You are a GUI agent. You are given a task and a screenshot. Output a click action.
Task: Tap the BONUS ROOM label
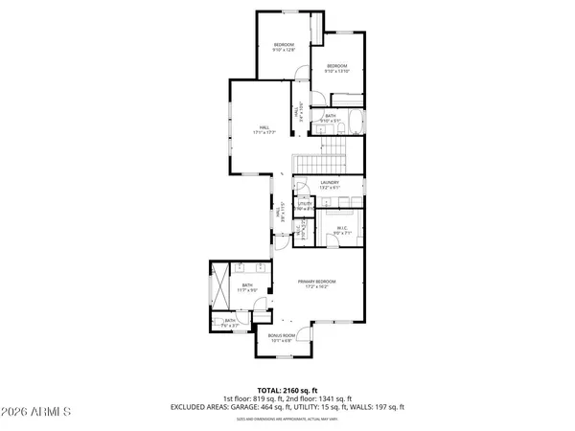click(282, 337)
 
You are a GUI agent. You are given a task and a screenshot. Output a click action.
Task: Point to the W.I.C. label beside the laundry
click(342, 230)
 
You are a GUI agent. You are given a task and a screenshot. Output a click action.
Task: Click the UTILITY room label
click(305, 206)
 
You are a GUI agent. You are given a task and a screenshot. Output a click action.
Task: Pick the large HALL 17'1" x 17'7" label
click(264, 129)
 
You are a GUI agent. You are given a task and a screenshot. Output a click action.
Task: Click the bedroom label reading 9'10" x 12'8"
click(284, 49)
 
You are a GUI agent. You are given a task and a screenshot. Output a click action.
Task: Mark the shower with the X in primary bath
click(219, 281)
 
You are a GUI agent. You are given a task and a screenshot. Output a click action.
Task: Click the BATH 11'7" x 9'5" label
click(247, 288)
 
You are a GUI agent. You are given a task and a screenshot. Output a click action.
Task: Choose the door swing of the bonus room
click(304, 334)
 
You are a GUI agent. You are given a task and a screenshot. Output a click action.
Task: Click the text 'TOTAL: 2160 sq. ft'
click(287, 389)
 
